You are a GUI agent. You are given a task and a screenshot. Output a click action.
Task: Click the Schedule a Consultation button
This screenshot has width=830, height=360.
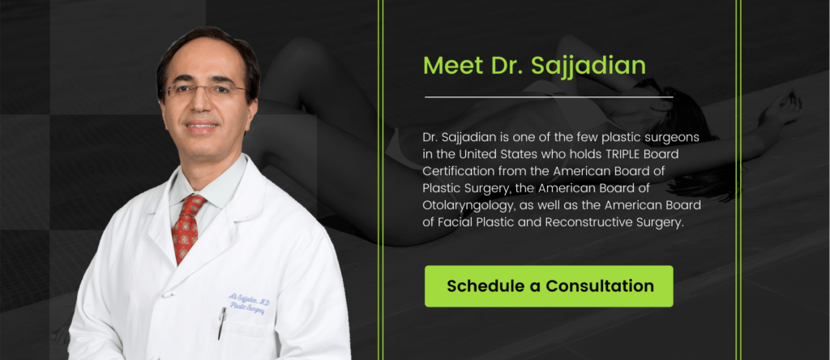click(549, 286)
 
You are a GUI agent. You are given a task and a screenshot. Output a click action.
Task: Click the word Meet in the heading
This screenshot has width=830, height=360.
click(453, 65)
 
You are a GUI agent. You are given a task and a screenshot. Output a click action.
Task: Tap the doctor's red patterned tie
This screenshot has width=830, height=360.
click(187, 226)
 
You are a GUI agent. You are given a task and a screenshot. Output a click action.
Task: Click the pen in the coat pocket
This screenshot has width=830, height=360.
click(221, 323)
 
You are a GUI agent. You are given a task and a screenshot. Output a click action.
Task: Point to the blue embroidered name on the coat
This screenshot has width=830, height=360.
click(250, 304)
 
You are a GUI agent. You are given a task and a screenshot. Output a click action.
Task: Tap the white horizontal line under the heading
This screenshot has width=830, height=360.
click(549, 97)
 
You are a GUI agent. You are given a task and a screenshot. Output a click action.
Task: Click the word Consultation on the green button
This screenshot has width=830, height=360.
click(600, 286)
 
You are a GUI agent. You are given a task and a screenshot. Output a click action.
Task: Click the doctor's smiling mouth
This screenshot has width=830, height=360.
click(202, 126)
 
